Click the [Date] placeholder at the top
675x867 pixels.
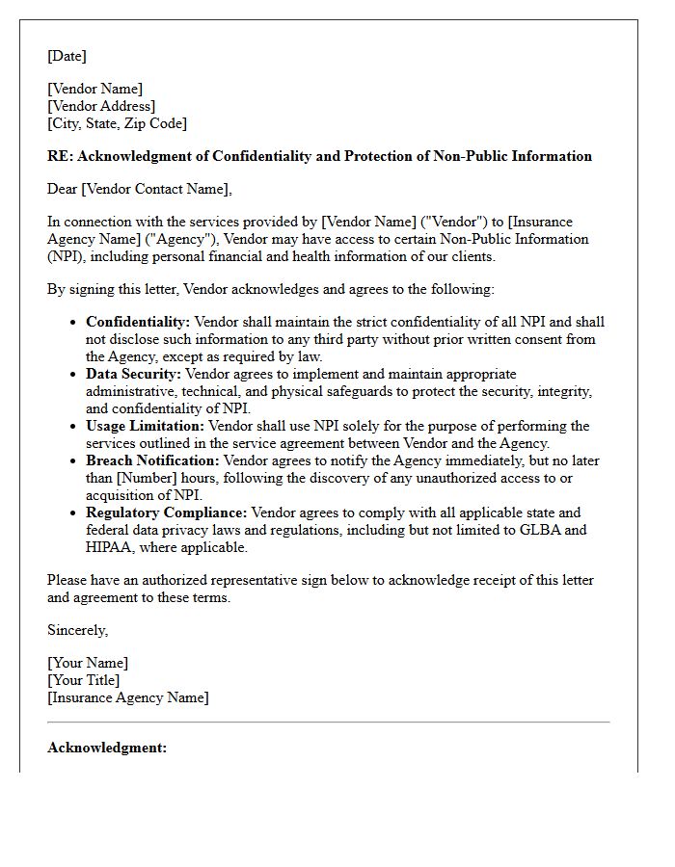(67, 56)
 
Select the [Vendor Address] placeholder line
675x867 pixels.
(101, 106)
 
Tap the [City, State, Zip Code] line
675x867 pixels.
(117, 123)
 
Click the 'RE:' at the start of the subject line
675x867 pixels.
(60, 156)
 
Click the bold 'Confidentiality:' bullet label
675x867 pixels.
(138, 322)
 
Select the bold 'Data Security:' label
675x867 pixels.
(133, 374)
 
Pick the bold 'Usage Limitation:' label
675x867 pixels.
(145, 426)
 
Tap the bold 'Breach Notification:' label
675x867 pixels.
(152, 460)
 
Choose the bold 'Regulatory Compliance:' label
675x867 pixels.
(166, 512)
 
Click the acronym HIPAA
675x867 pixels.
(111, 547)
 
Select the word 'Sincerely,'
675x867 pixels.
(78, 630)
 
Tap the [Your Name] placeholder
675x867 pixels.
(88, 663)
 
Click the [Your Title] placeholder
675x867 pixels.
(84, 680)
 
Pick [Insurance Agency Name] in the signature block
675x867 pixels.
(127, 697)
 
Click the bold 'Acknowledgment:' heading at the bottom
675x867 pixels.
(107, 748)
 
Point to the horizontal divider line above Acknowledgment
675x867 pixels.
(328, 722)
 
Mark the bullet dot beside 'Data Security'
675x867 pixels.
(74, 374)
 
